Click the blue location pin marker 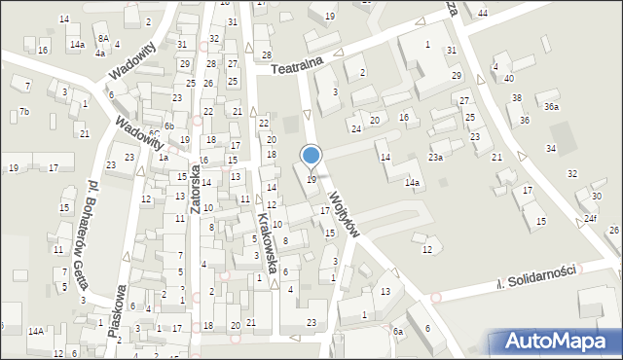pos(311,156)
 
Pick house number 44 pos(483,12)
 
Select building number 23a pos(436,157)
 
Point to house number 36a pos(552,106)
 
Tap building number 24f pos(591,220)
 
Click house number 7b pos(24,113)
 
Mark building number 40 pos(508,78)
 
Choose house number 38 pos(517,97)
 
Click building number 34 pos(551,148)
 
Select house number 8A pos(104,39)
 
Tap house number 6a pos(398,332)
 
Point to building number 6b pos(168,126)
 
